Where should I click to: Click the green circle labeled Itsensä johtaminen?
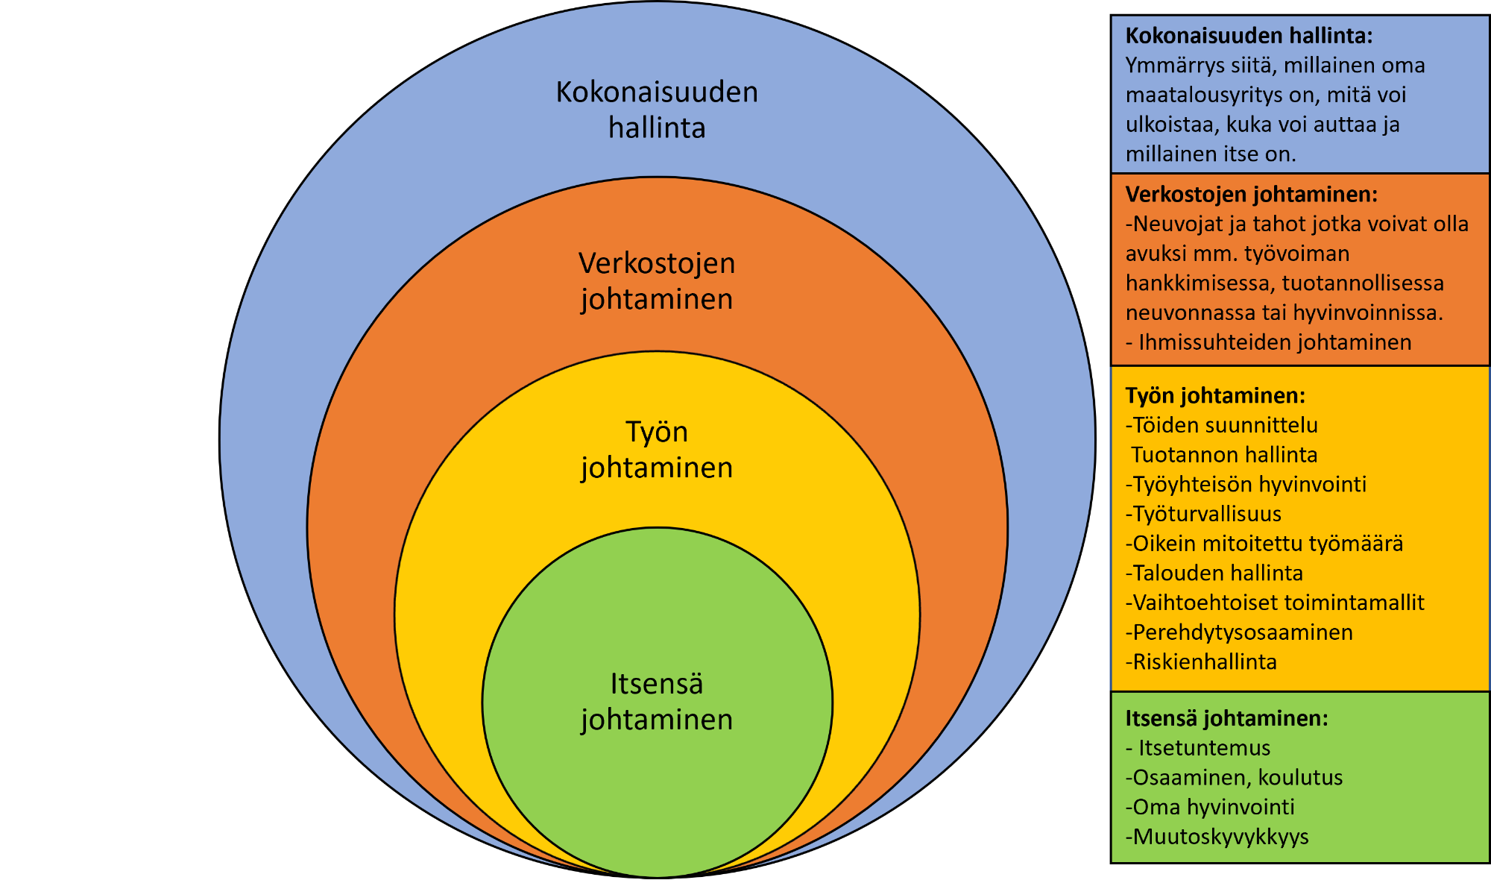pos(657,783)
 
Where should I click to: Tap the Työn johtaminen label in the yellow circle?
pos(657,450)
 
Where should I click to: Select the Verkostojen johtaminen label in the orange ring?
pos(657,280)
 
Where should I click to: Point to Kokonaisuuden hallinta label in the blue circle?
pos(657,110)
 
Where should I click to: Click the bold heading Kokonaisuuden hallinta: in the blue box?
pos(1249,36)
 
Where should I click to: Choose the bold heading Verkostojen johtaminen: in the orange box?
pos(1252,195)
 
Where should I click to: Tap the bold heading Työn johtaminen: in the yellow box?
pos(1215,395)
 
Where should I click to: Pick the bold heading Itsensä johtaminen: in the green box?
pos(1226,718)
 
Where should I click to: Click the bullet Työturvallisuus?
pos(1207,514)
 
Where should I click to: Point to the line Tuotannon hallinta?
pos(1224,455)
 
